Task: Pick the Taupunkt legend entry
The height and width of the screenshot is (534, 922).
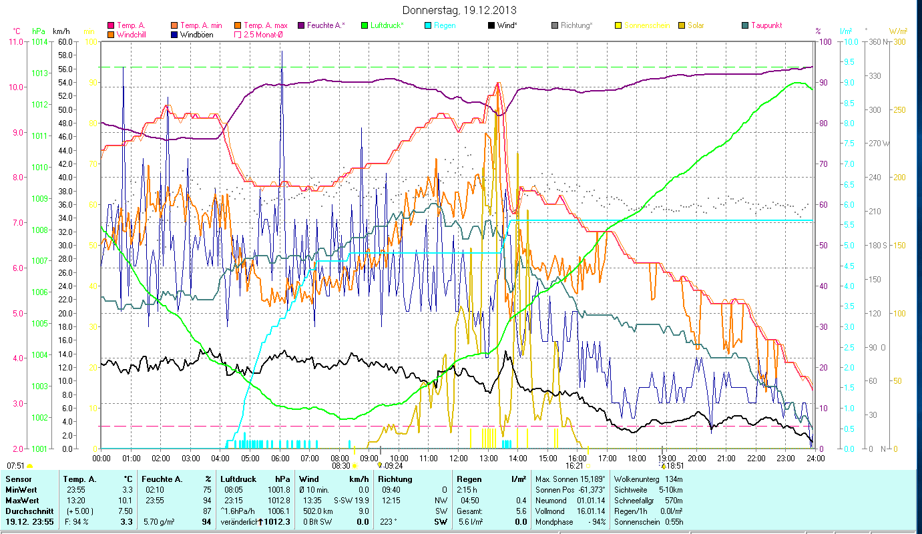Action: click(766, 25)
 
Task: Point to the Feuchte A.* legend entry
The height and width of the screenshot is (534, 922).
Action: click(326, 25)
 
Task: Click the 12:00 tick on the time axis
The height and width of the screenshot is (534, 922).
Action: click(459, 458)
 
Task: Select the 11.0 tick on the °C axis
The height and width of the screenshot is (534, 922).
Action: click(15, 41)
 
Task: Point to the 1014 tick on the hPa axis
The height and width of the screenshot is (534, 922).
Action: click(39, 41)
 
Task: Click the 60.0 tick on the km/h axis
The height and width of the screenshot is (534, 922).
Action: click(65, 41)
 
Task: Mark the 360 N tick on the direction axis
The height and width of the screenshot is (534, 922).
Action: click(876, 41)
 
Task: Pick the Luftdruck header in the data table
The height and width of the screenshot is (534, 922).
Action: click(238, 479)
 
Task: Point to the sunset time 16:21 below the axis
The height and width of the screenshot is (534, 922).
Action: click(574, 466)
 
